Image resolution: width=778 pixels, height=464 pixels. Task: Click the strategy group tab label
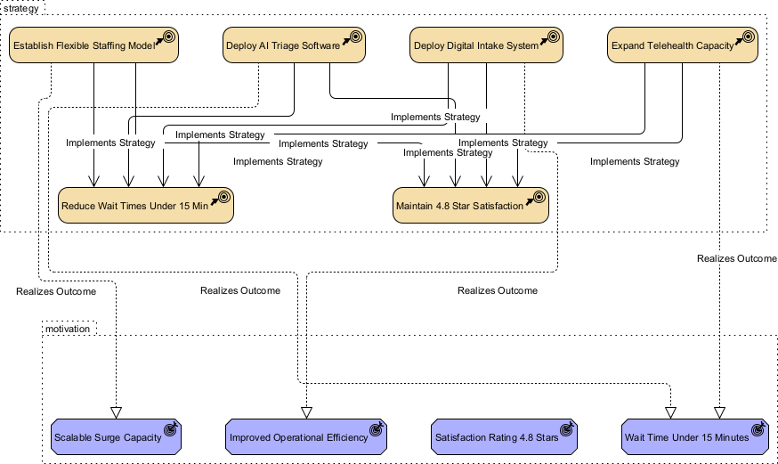click(x=20, y=7)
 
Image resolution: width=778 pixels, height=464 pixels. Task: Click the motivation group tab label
click(x=67, y=329)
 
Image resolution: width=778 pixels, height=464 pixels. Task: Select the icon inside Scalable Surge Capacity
click(x=171, y=428)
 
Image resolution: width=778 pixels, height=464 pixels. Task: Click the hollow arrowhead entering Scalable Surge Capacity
click(x=116, y=411)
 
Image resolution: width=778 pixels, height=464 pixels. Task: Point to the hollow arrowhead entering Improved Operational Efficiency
click(x=306, y=411)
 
